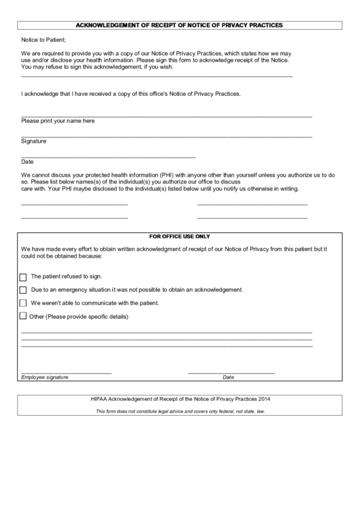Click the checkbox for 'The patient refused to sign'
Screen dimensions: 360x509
23,277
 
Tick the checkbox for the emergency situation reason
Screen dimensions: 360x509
23,290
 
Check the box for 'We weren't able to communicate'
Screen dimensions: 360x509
23,303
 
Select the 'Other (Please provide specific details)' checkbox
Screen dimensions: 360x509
23,316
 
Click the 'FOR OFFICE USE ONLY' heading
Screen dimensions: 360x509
179,236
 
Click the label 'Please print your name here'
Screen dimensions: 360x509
58,121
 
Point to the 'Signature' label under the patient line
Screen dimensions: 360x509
33,141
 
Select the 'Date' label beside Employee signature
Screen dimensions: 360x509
228,377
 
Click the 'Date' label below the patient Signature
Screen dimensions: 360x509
27,162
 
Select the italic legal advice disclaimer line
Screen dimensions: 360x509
180,411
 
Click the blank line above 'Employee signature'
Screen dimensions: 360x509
66,372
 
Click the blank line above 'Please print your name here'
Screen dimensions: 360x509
166,116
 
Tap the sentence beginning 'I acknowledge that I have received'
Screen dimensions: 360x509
130,92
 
